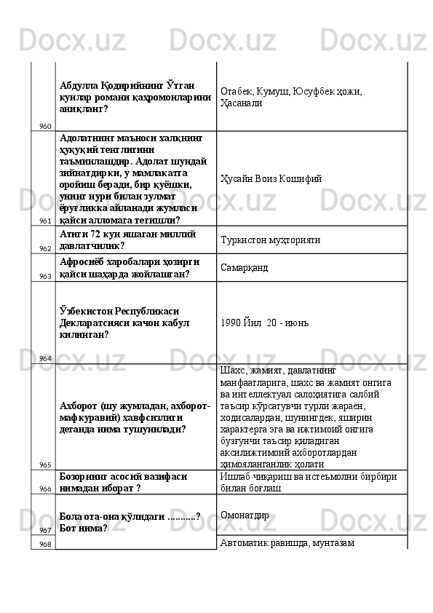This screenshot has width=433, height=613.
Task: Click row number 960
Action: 45,126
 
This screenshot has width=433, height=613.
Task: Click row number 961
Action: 45,221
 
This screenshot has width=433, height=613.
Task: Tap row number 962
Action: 45,248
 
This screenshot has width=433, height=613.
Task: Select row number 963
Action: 45,276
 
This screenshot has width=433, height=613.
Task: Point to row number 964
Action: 45,358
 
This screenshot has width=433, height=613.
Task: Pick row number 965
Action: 45,464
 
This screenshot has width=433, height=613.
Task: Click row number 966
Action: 45,489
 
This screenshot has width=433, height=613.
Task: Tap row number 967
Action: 45,530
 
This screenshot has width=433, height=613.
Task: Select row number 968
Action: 45,544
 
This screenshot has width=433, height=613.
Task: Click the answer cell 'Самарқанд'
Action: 244,268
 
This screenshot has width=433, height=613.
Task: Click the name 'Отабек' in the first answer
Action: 234,91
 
